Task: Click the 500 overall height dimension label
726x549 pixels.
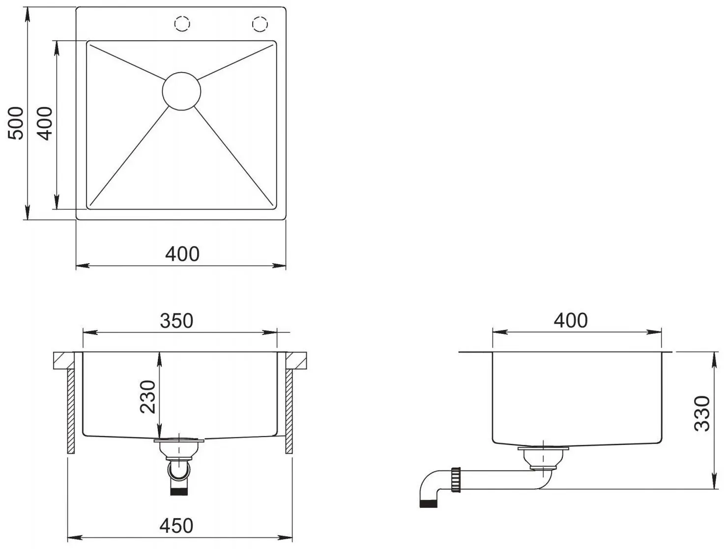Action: point(16,123)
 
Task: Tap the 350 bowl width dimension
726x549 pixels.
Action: point(176,321)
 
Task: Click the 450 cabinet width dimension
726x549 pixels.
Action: point(176,526)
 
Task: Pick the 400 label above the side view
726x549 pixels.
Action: point(571,321)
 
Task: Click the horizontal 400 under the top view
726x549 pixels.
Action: point(182,254)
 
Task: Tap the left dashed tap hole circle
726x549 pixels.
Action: point(182,24)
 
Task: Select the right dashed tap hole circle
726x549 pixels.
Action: point(260,24)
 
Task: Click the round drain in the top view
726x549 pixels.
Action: point(181,91)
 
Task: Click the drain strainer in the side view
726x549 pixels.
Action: point(543,457)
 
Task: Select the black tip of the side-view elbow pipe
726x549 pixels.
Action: point(428,503)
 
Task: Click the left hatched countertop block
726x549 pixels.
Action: point(63,360)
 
